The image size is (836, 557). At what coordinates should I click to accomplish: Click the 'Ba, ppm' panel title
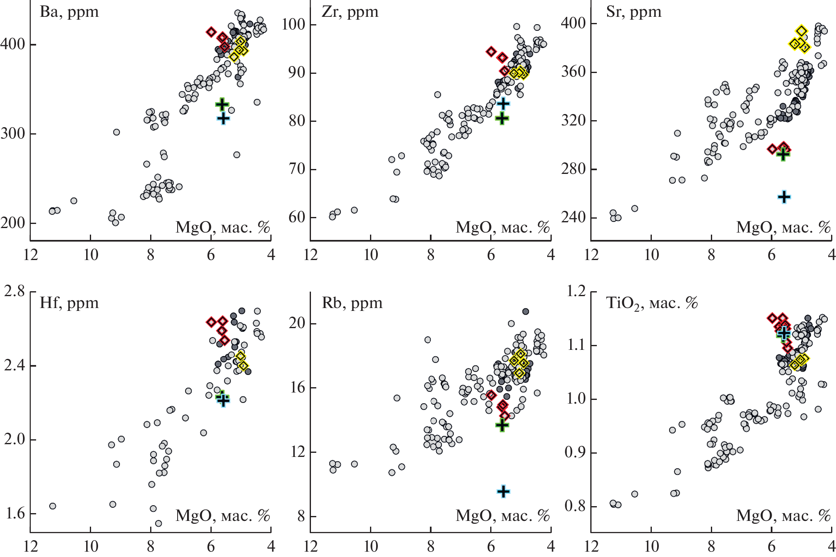click(69, 12)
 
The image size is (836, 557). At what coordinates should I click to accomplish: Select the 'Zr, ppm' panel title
click(349, 12)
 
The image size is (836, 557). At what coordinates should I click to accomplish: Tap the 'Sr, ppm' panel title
click(633, 12)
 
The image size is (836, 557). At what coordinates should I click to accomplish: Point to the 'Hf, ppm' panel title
click(69, 304)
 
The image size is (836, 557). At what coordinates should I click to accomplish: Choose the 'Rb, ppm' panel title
click(352, 304)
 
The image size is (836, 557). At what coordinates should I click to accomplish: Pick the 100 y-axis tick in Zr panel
click(294, 25)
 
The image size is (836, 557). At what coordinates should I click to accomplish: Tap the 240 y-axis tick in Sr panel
click(573, 217)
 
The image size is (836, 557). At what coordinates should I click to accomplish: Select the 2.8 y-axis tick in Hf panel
click(15, 292)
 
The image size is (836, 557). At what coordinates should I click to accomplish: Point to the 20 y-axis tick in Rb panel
click(297, 323)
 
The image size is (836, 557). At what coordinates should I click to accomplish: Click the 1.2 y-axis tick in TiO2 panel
click(576, 292)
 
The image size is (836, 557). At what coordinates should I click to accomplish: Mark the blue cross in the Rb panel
click(503, 491)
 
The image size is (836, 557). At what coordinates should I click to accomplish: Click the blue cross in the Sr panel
click(784, 197)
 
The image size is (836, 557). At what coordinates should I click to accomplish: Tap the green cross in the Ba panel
click(222, 104)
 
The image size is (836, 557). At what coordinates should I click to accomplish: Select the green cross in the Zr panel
click(502, 119)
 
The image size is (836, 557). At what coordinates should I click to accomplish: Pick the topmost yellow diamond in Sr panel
click(802, 31)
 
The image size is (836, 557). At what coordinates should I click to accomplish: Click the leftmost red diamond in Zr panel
click(491, 52)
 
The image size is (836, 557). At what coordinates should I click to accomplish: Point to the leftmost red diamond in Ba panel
click(211, 32)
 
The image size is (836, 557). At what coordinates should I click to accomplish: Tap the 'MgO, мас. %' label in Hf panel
click(223, 516)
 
